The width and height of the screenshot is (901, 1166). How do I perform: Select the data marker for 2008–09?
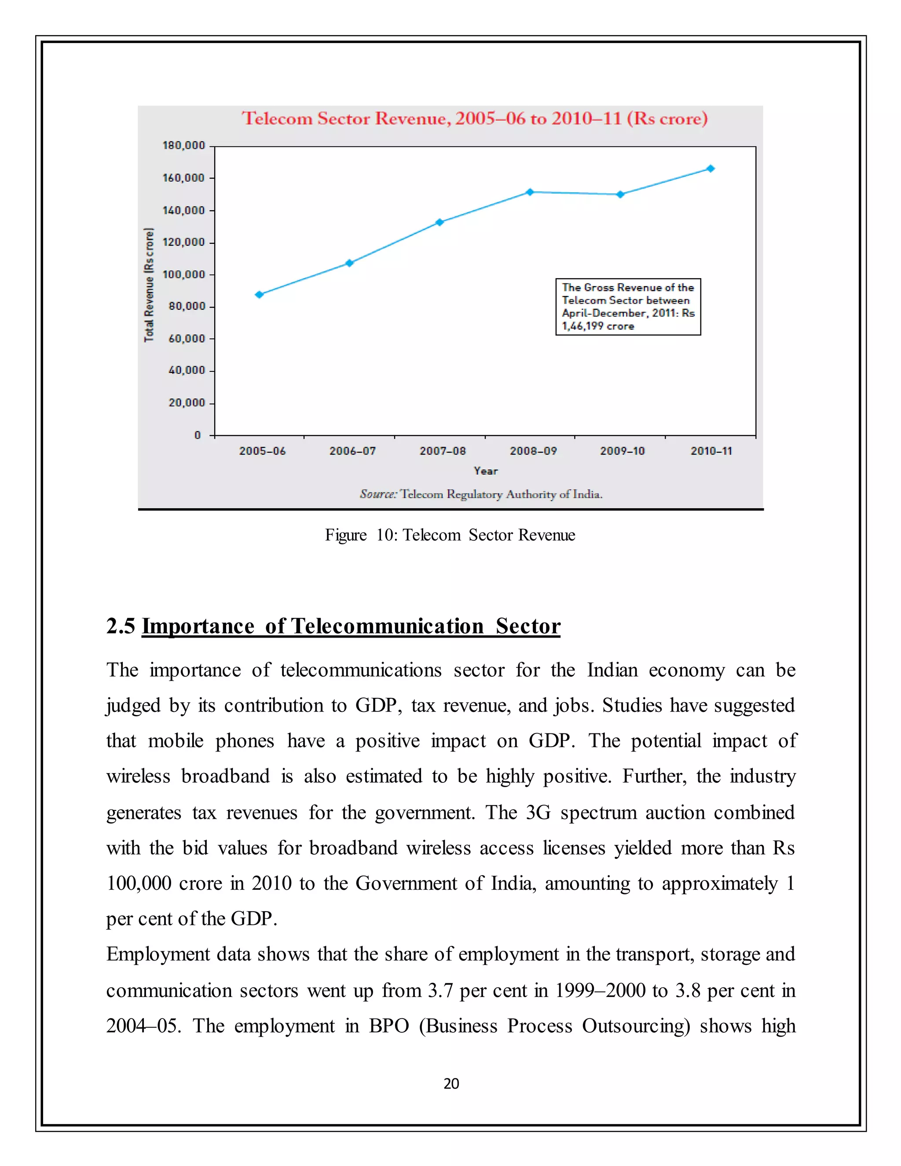(530, 192)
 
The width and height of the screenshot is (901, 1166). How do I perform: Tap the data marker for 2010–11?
(711, 169)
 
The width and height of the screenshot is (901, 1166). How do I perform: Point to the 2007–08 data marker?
(440, 222)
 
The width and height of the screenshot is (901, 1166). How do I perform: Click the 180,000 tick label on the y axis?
(183, 146)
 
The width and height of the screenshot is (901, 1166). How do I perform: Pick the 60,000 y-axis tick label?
(186, 338)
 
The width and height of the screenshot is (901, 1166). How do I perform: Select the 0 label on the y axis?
(198, 435)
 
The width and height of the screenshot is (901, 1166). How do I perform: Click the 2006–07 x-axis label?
(352, 451)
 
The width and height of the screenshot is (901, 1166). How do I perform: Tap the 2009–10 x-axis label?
(623, 451)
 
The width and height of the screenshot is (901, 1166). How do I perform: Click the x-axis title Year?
(486, 471)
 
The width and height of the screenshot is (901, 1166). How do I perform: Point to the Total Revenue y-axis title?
(149, 285)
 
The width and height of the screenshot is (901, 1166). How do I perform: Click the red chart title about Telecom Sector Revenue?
(475, 118)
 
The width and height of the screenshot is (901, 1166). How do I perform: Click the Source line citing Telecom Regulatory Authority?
(481, 495)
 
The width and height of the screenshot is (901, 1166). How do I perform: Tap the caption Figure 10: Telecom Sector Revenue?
(450, 535)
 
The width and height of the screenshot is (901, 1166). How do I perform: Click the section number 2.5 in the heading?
(121, 626)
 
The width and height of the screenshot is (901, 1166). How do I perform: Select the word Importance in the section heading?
(198, 626)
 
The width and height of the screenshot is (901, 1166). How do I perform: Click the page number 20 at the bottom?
(451, 1083)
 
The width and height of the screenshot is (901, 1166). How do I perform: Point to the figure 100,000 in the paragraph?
(139, 884)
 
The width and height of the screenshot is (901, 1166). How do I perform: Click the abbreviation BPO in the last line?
(388, 1026)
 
